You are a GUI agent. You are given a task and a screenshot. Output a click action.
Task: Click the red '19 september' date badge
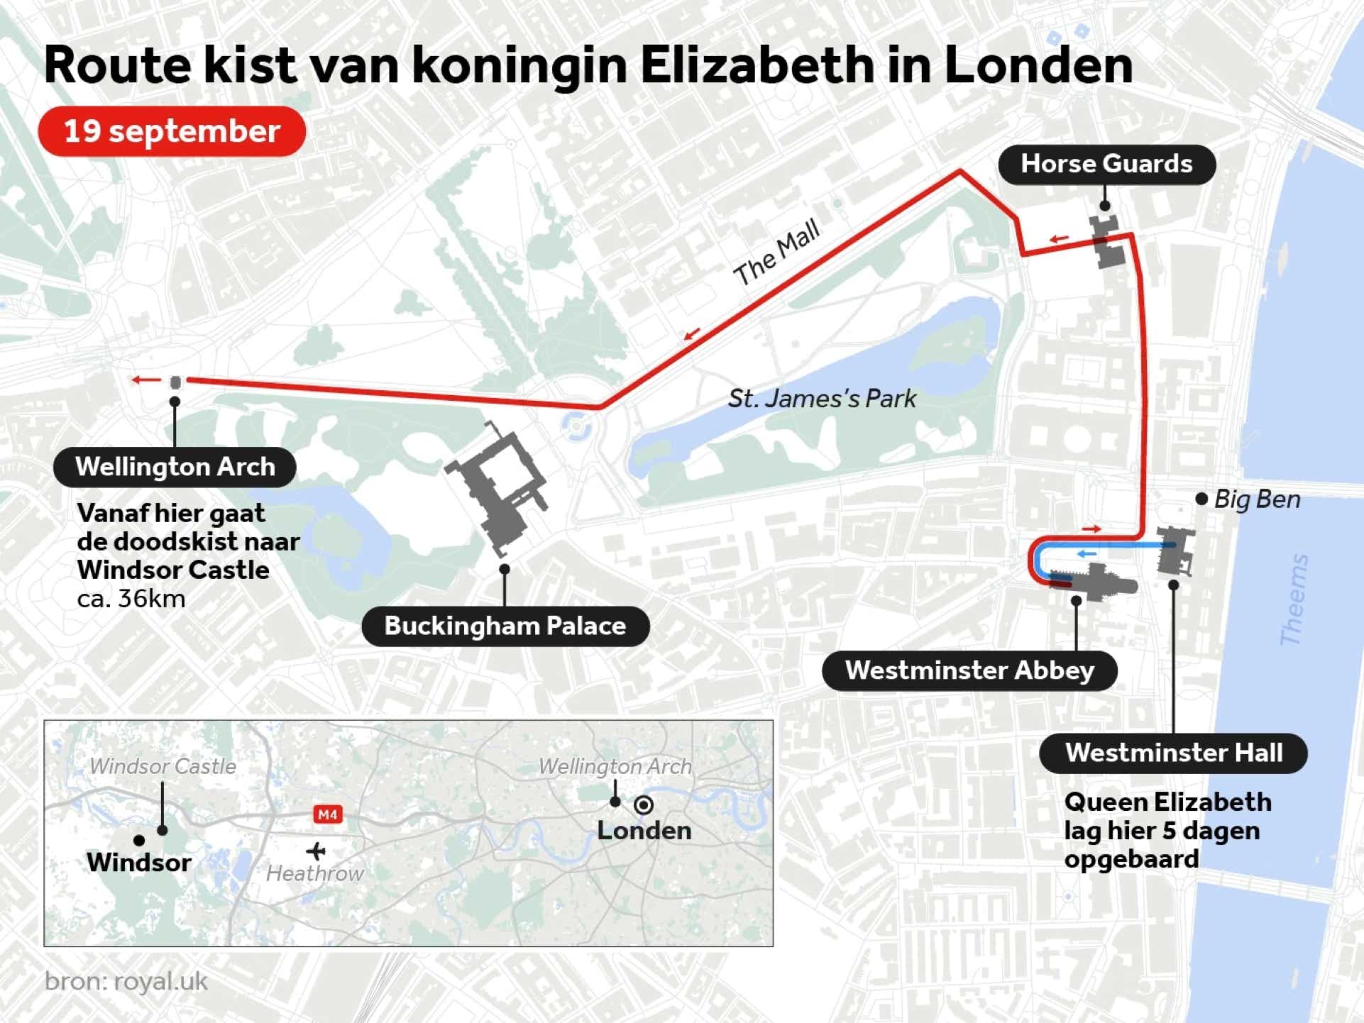click(x=172, y=131)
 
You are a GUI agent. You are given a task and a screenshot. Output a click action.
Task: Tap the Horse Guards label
click(x=1106, y=164)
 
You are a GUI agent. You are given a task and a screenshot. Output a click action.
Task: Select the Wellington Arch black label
click(x=175, y=467)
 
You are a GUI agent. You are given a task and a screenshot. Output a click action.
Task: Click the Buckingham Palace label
click(x=505, y=626)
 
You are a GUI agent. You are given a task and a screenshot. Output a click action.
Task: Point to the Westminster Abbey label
click(x=969, y=670)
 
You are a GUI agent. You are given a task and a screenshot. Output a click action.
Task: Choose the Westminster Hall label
click(x=1173, y=753)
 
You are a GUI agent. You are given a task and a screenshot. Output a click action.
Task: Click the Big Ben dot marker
click(x=1201, y=499)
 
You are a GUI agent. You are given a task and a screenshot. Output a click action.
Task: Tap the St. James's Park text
click(x=822, y=399)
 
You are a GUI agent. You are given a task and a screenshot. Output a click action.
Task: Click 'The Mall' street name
click(x=776, y=252)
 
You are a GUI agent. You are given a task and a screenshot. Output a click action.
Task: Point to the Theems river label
click(x=1294, y=599)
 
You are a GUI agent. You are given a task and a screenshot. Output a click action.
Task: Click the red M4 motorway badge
click(x=328, y=814)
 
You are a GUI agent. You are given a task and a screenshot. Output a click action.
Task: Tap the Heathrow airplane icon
click(x=316, y=850)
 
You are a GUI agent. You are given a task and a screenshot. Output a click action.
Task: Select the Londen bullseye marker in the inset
click(x=644, y=804)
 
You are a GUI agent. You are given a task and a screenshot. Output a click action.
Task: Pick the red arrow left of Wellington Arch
click(x=147, y=380)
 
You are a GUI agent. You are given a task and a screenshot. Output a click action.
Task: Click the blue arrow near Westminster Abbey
click(x=1087, y=553)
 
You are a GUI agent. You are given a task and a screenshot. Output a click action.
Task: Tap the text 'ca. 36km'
click(x=131, y=599)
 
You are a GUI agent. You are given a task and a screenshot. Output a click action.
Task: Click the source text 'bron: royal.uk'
click(x=126, y=981)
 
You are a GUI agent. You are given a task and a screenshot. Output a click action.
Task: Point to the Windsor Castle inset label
click(x=163, y=766)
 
